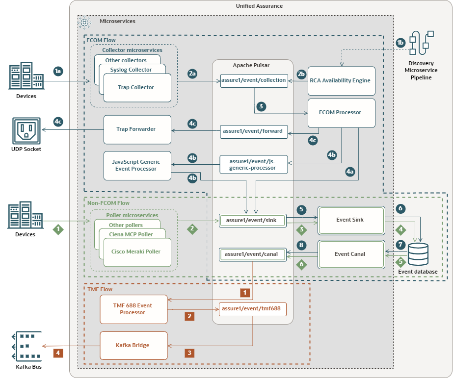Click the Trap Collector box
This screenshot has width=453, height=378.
(x=136, y=88)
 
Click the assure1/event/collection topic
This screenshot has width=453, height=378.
(x=253, y=80)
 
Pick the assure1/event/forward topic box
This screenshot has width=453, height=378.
(x=253, y=131)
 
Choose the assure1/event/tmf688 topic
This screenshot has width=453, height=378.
(x=253, y=309)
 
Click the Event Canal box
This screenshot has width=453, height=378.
(x=349, y=254)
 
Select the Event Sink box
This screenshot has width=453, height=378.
(x=349, y=220)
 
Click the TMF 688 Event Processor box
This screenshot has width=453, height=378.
(x=133, y=309)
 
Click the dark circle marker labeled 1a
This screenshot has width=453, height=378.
(x=58, y=71)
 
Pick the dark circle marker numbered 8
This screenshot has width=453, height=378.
(x=301, y=245)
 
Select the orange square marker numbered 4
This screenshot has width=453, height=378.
(x=58, y=352)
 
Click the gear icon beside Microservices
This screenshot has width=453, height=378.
(x=84, y=22)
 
